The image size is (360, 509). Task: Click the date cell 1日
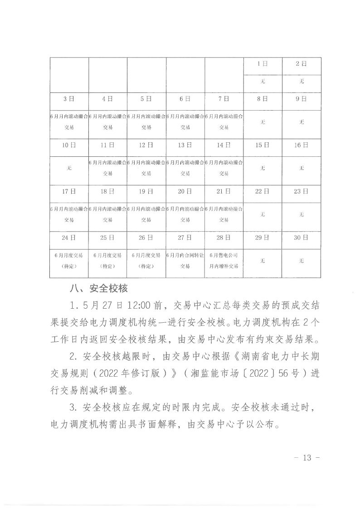(263, 64)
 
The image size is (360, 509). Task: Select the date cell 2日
(301, 64)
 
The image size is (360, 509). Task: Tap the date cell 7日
(224, 99)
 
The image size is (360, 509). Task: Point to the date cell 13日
(185, 145)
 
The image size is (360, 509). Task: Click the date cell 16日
(301, 145)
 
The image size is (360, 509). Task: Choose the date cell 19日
(146, 191)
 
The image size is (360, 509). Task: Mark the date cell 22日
(263, 191)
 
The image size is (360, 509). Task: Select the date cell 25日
(107, 238)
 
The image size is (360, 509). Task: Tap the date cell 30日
(301, 238)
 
